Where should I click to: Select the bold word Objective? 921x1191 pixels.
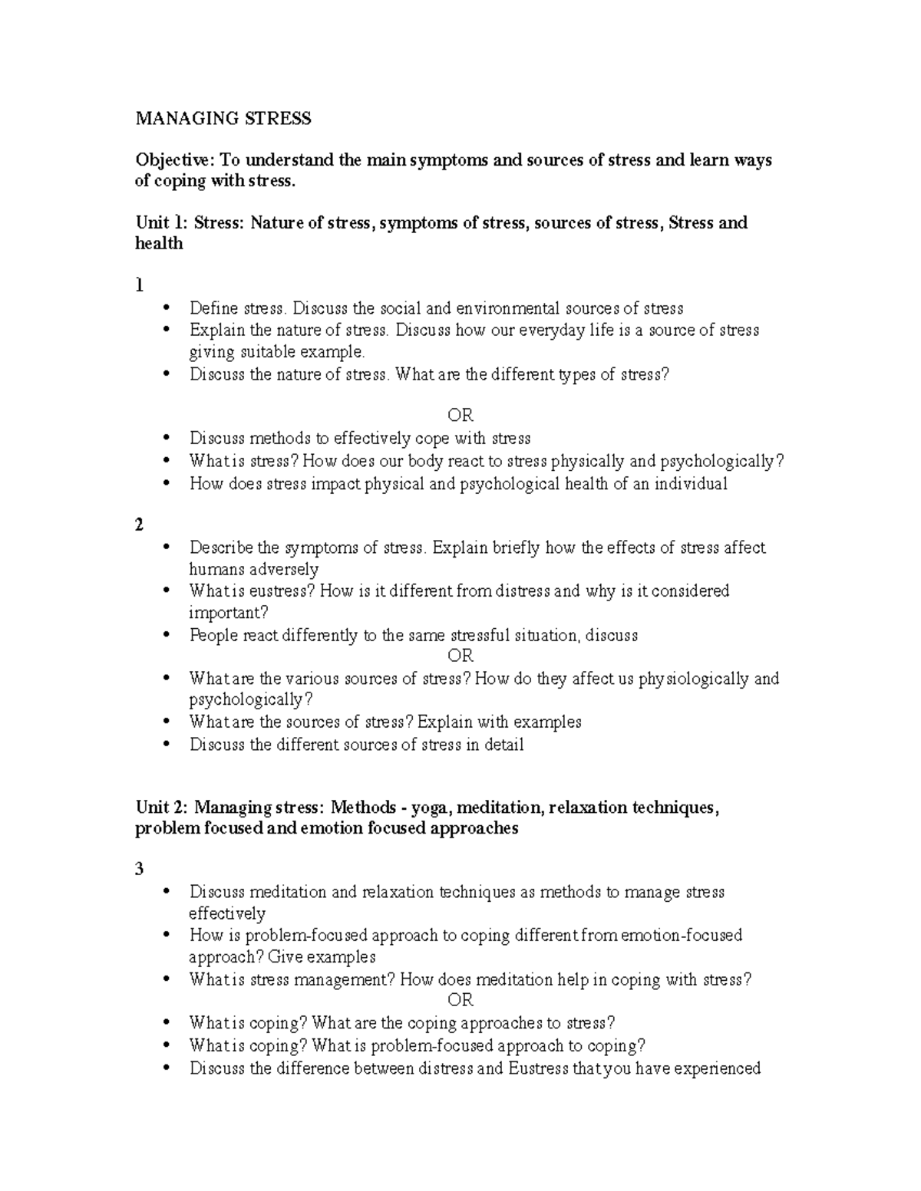pos(176,160)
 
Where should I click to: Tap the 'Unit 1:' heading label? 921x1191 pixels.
pos(161,223)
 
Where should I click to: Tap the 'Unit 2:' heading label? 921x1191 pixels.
pos(161,807)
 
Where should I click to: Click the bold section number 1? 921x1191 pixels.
pos(139,285)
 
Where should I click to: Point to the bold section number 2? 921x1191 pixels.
pos(139,525)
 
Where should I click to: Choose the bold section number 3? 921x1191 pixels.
pos(139,869)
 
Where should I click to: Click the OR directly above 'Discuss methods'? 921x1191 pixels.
pos(460,416)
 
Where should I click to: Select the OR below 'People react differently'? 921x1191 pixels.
pos(460,656)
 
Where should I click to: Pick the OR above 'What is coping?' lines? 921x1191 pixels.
pos(460,1000)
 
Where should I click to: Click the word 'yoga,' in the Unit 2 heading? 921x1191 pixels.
pos(430,807)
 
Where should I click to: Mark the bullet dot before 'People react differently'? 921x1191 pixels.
pos(168,636)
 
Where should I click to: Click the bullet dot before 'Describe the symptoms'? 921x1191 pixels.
pos(168,548)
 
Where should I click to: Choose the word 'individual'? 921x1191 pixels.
pos(691,484)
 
